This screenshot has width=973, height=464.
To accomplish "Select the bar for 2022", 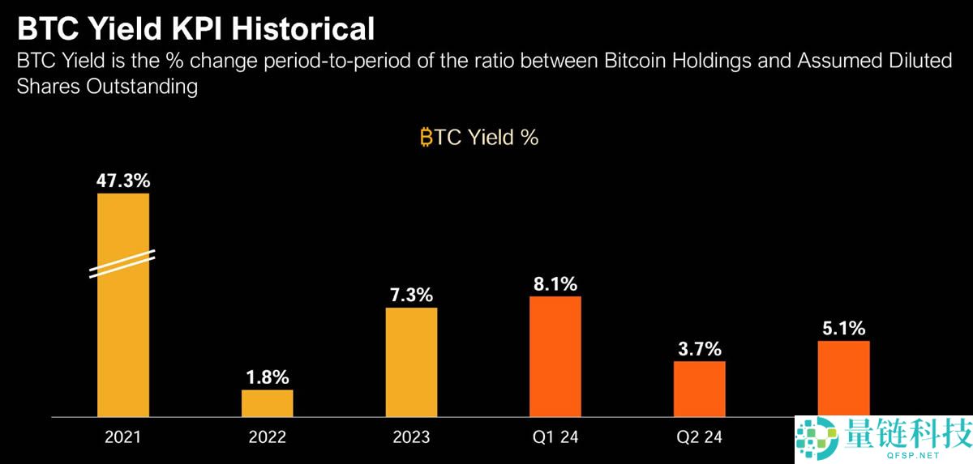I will click(x=268, y=403).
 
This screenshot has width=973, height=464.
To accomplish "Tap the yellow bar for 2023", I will click(x=411, y=362).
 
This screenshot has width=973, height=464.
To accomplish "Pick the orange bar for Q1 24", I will click(x=555, y=356).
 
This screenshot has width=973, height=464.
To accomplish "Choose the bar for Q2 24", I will click(x=700, y=389).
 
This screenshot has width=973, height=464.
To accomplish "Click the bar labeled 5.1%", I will click(x=843, y=377).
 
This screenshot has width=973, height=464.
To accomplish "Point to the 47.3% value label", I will click(x=123, y=180).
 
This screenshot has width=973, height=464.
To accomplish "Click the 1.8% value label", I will click(x=268, y=377).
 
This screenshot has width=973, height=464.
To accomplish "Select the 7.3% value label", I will click(x=411, y=294).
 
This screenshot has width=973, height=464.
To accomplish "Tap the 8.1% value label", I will click(x=555, y=283).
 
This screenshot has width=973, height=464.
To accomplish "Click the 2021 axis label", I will click(x=123, y=437).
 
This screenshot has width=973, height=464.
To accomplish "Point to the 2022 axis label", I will click(x=268, y=437).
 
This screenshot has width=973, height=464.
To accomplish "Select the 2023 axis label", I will click(x=411, y=437).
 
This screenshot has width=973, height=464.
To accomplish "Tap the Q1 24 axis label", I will click(x=555, y=437).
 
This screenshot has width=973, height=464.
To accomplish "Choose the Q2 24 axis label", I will click(x=700, y=437).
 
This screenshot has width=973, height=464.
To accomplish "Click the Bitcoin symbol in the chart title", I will click(x=426, y=138).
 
